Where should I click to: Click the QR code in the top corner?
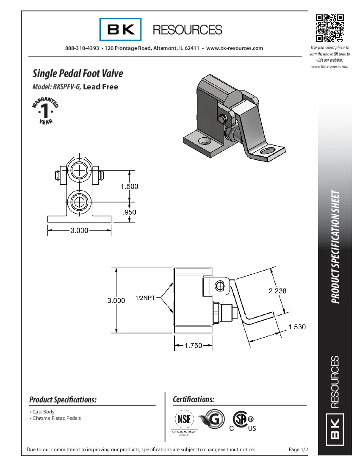[330, 28]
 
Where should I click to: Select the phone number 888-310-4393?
[82, 48]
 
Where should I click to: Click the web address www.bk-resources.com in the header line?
[234, 48]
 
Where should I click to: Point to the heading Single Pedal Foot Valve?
[78, 73]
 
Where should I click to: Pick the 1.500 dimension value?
[130, 186]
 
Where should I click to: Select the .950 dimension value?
[129, 212]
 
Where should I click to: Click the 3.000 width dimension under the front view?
[79, 230]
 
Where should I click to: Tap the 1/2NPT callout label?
[145, 298]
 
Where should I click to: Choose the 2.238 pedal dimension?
[278, 291]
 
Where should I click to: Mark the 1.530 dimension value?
[297, 327]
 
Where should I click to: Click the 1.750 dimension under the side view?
[194, 346]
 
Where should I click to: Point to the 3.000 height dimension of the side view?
[116, 300]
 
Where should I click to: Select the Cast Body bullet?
[43, 412]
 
